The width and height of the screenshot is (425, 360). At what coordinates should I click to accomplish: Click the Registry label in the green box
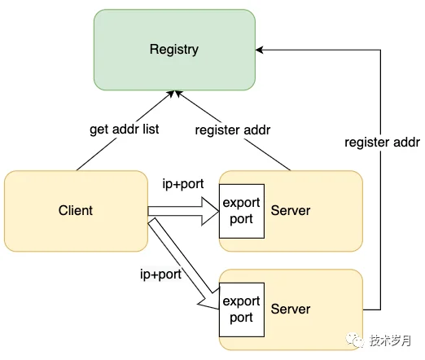pyautogui.click(x=174, y=50)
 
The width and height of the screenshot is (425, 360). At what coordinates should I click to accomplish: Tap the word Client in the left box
pyautogui.click(x=76, y=210)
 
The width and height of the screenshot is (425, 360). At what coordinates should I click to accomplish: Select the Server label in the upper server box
pyautogui.click(x=291, y=210)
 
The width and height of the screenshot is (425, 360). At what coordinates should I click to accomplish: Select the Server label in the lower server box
pyautogui.click(x=291, y=309)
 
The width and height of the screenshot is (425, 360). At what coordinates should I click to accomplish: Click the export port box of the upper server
pyautogui.click(x=242, y=211)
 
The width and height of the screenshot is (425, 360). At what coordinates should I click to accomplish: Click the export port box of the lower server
pyautogui.click(x=242, y=310)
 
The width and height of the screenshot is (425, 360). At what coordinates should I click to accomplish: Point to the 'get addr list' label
pyautogui.click(x=125, y=130)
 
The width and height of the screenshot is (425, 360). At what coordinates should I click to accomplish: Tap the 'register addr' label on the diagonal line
pyautogui.click(x=233, y=130)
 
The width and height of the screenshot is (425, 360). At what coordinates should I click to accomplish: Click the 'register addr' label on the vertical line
pyautogui.click(x=382, y=143)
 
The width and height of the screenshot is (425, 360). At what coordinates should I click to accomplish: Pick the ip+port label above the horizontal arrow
pyautogui.click(x=183, y=184)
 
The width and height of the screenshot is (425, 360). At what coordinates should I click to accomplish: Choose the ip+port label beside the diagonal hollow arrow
pyautogui.click(x=160, y=274)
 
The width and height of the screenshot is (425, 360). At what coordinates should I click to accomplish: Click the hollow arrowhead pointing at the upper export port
pyautogui.click(x=210, y=211)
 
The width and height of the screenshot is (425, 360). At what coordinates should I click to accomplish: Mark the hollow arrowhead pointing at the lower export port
pyautogui.click(x=208, y=302)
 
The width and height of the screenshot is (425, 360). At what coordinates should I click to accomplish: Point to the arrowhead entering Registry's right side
pyautogui.click(x=259, y=50)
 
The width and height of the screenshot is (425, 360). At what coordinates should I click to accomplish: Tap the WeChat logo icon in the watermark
pyautogui.click(x=354, y=340)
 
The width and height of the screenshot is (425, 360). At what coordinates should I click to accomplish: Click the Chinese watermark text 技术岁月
pyautogui.click(x=390, y=340)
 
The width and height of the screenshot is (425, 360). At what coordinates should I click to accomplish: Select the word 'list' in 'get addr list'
pyautogui.click(x=151, y=129)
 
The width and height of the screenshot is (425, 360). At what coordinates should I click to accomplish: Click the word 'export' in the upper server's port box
pyautogui.click(x=241, y=203)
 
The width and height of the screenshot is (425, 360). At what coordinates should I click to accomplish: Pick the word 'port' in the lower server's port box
pyautogui.click(x=241, y=318)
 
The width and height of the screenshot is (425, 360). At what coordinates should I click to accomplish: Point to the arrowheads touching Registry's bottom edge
pyautogui.click(x=174, y=94)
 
